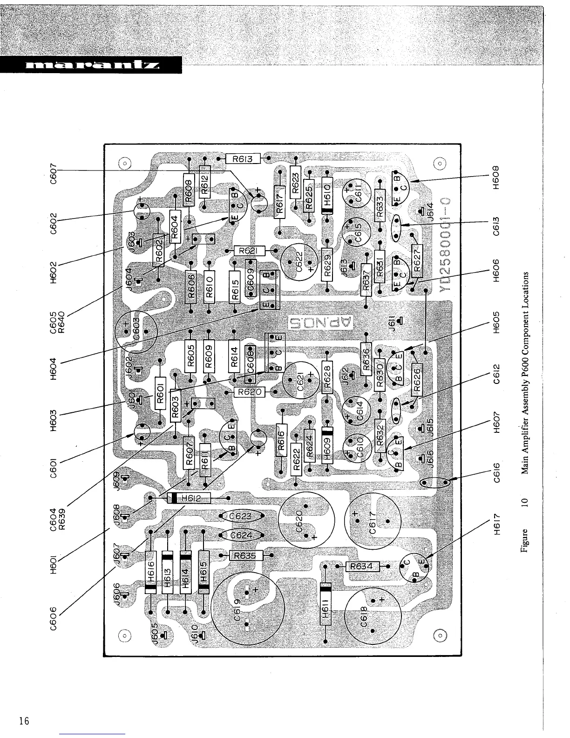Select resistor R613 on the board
coord(242,159)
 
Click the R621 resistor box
coord(249,251)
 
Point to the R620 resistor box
coord(249,392)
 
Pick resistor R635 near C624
coord(246,555)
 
